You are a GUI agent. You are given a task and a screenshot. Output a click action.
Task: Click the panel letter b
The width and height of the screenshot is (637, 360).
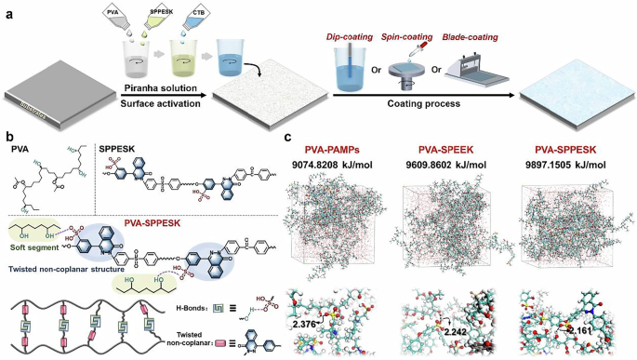click(x=8, y=137)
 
